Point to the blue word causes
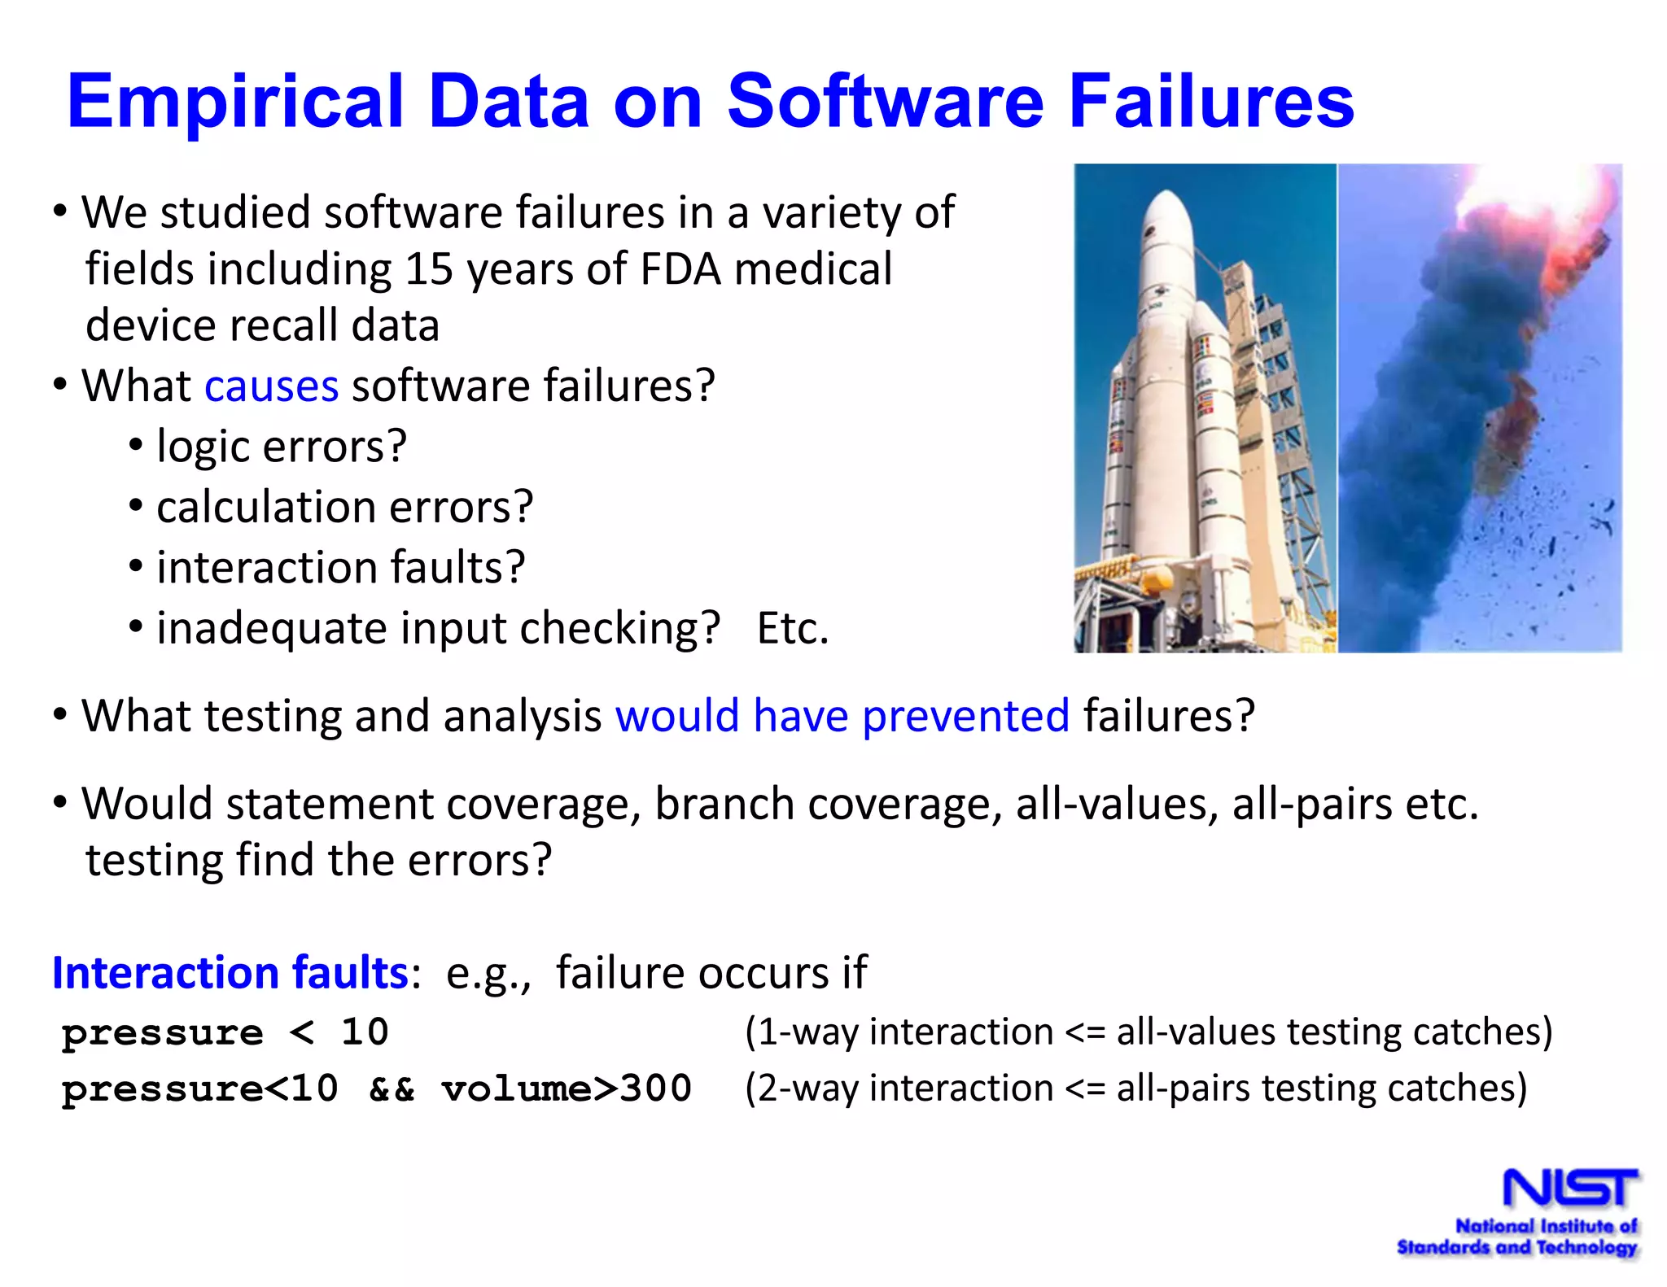(271, 386)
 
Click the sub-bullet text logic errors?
(281, 447)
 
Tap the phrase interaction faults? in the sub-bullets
(340, 567)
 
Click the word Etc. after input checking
(792, 628)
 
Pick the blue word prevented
(965, 716)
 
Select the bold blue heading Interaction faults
(230, 972)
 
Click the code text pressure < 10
(225, 1032)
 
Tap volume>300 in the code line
(567, 1088)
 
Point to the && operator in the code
(392, 1089)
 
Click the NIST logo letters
(1569, 1189)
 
